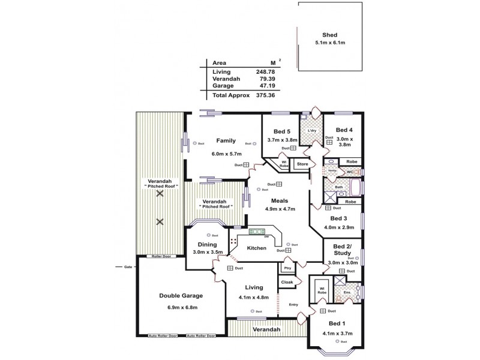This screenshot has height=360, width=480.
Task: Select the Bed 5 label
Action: click(x=282, y=131)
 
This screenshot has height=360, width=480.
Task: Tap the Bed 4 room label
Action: click(x=344, y=130)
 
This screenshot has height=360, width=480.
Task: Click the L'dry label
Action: click(x=312, y=131)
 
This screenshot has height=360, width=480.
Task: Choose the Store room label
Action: click(x=303, y=164)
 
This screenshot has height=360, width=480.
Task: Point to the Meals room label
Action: click(x=280, y=201)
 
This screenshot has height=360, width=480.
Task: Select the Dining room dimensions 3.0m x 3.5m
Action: click(x=206, y=253)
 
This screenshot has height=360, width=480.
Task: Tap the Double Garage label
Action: click(x=181, y=296)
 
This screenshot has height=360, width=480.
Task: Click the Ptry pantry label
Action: click(x=287, y=268)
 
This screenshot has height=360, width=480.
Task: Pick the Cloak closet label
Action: click(x=287, y=282)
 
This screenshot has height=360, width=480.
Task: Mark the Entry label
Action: click(x=293, y=304)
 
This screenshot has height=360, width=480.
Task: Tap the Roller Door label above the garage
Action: click(x=161, y=256)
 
